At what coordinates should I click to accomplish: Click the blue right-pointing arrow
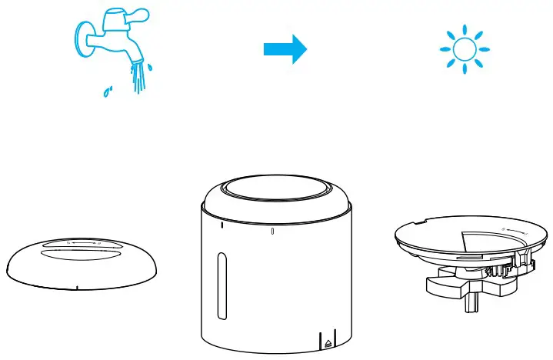click(x=285, y=49)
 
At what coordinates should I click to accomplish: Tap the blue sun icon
click(x=464, y=50)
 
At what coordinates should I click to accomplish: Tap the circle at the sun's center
click(x=464, y=50)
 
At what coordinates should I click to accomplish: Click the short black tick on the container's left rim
click(x=222, y=225)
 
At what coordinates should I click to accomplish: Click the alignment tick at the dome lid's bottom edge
click(x=78, y=288)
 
